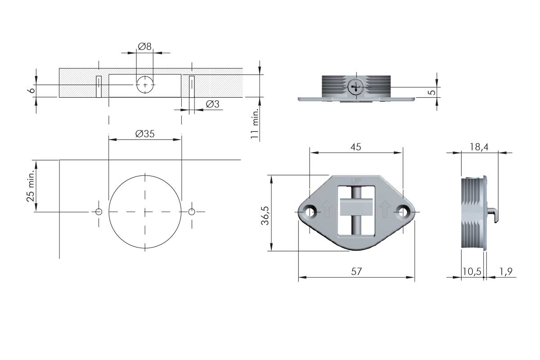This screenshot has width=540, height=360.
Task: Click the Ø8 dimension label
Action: tap(144, 46)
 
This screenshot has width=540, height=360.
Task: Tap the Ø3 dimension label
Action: tap(212, 104)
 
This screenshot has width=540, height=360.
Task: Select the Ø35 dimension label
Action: tap(145, 134)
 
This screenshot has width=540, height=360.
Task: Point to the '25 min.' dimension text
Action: tap(31, 186)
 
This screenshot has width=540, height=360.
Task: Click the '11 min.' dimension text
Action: tap(255, 124)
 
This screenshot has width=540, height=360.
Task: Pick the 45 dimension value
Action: tap(356, 147)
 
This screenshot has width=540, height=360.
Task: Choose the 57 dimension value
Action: tap(356, 271)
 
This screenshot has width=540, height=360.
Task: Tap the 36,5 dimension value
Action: tap(265, 216)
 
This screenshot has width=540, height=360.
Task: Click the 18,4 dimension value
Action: tap(479, 147)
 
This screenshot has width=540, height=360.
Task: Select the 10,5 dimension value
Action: tap(472, 271)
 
